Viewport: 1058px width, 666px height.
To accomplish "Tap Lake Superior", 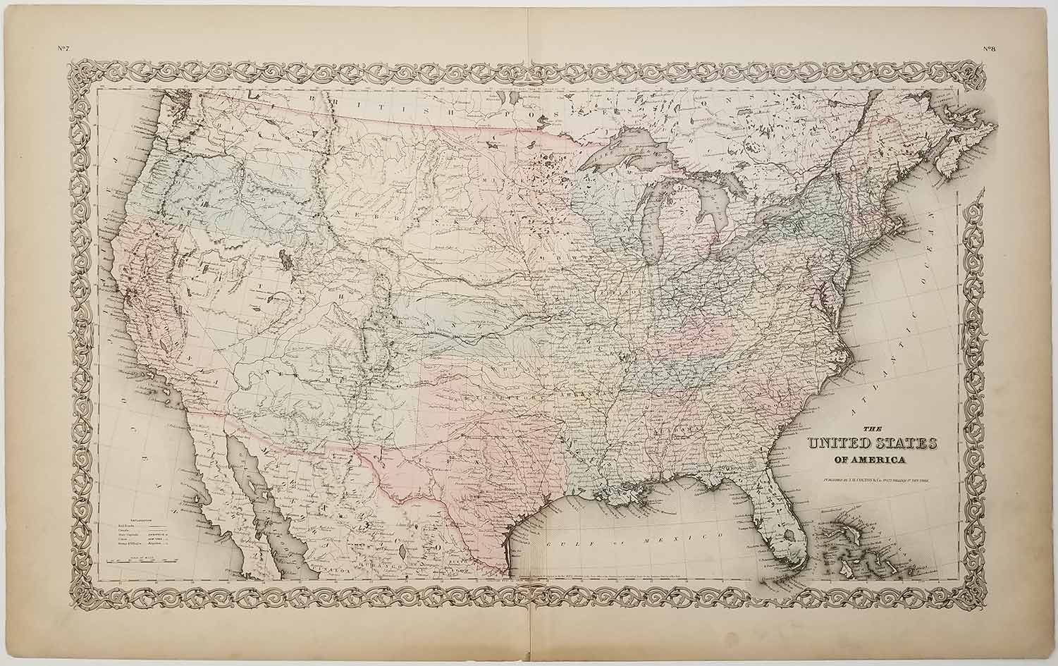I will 627,152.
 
